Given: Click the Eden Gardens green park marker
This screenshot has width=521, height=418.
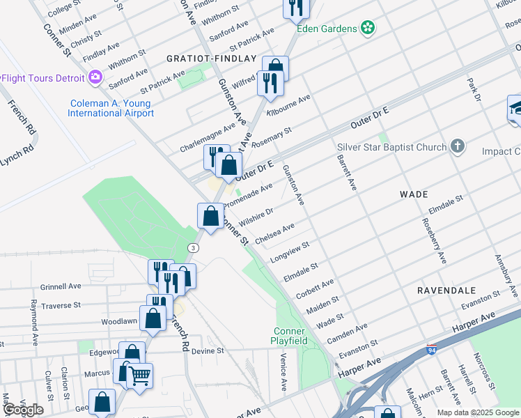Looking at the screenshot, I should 367,29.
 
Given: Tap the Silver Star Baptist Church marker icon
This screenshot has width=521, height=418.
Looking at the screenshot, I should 457,146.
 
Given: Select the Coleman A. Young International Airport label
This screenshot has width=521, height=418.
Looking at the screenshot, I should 111,108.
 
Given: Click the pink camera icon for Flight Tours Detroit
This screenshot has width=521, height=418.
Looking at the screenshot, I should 95,77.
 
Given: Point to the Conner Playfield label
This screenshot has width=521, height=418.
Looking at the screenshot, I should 290,335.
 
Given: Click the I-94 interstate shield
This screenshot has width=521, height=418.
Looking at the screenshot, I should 432,350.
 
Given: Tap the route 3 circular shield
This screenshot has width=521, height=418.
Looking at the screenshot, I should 194,247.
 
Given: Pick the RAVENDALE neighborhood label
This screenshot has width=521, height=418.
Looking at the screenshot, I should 446,290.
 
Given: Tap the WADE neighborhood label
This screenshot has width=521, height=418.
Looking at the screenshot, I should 413,195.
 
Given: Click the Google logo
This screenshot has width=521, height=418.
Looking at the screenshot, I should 23,409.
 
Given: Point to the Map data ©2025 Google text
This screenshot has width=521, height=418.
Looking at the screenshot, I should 477,412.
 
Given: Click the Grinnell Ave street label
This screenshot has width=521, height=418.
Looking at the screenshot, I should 61,286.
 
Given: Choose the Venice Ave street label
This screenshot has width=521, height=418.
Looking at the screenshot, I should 283,371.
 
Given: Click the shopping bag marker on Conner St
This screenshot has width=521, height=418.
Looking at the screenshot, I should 210,217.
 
